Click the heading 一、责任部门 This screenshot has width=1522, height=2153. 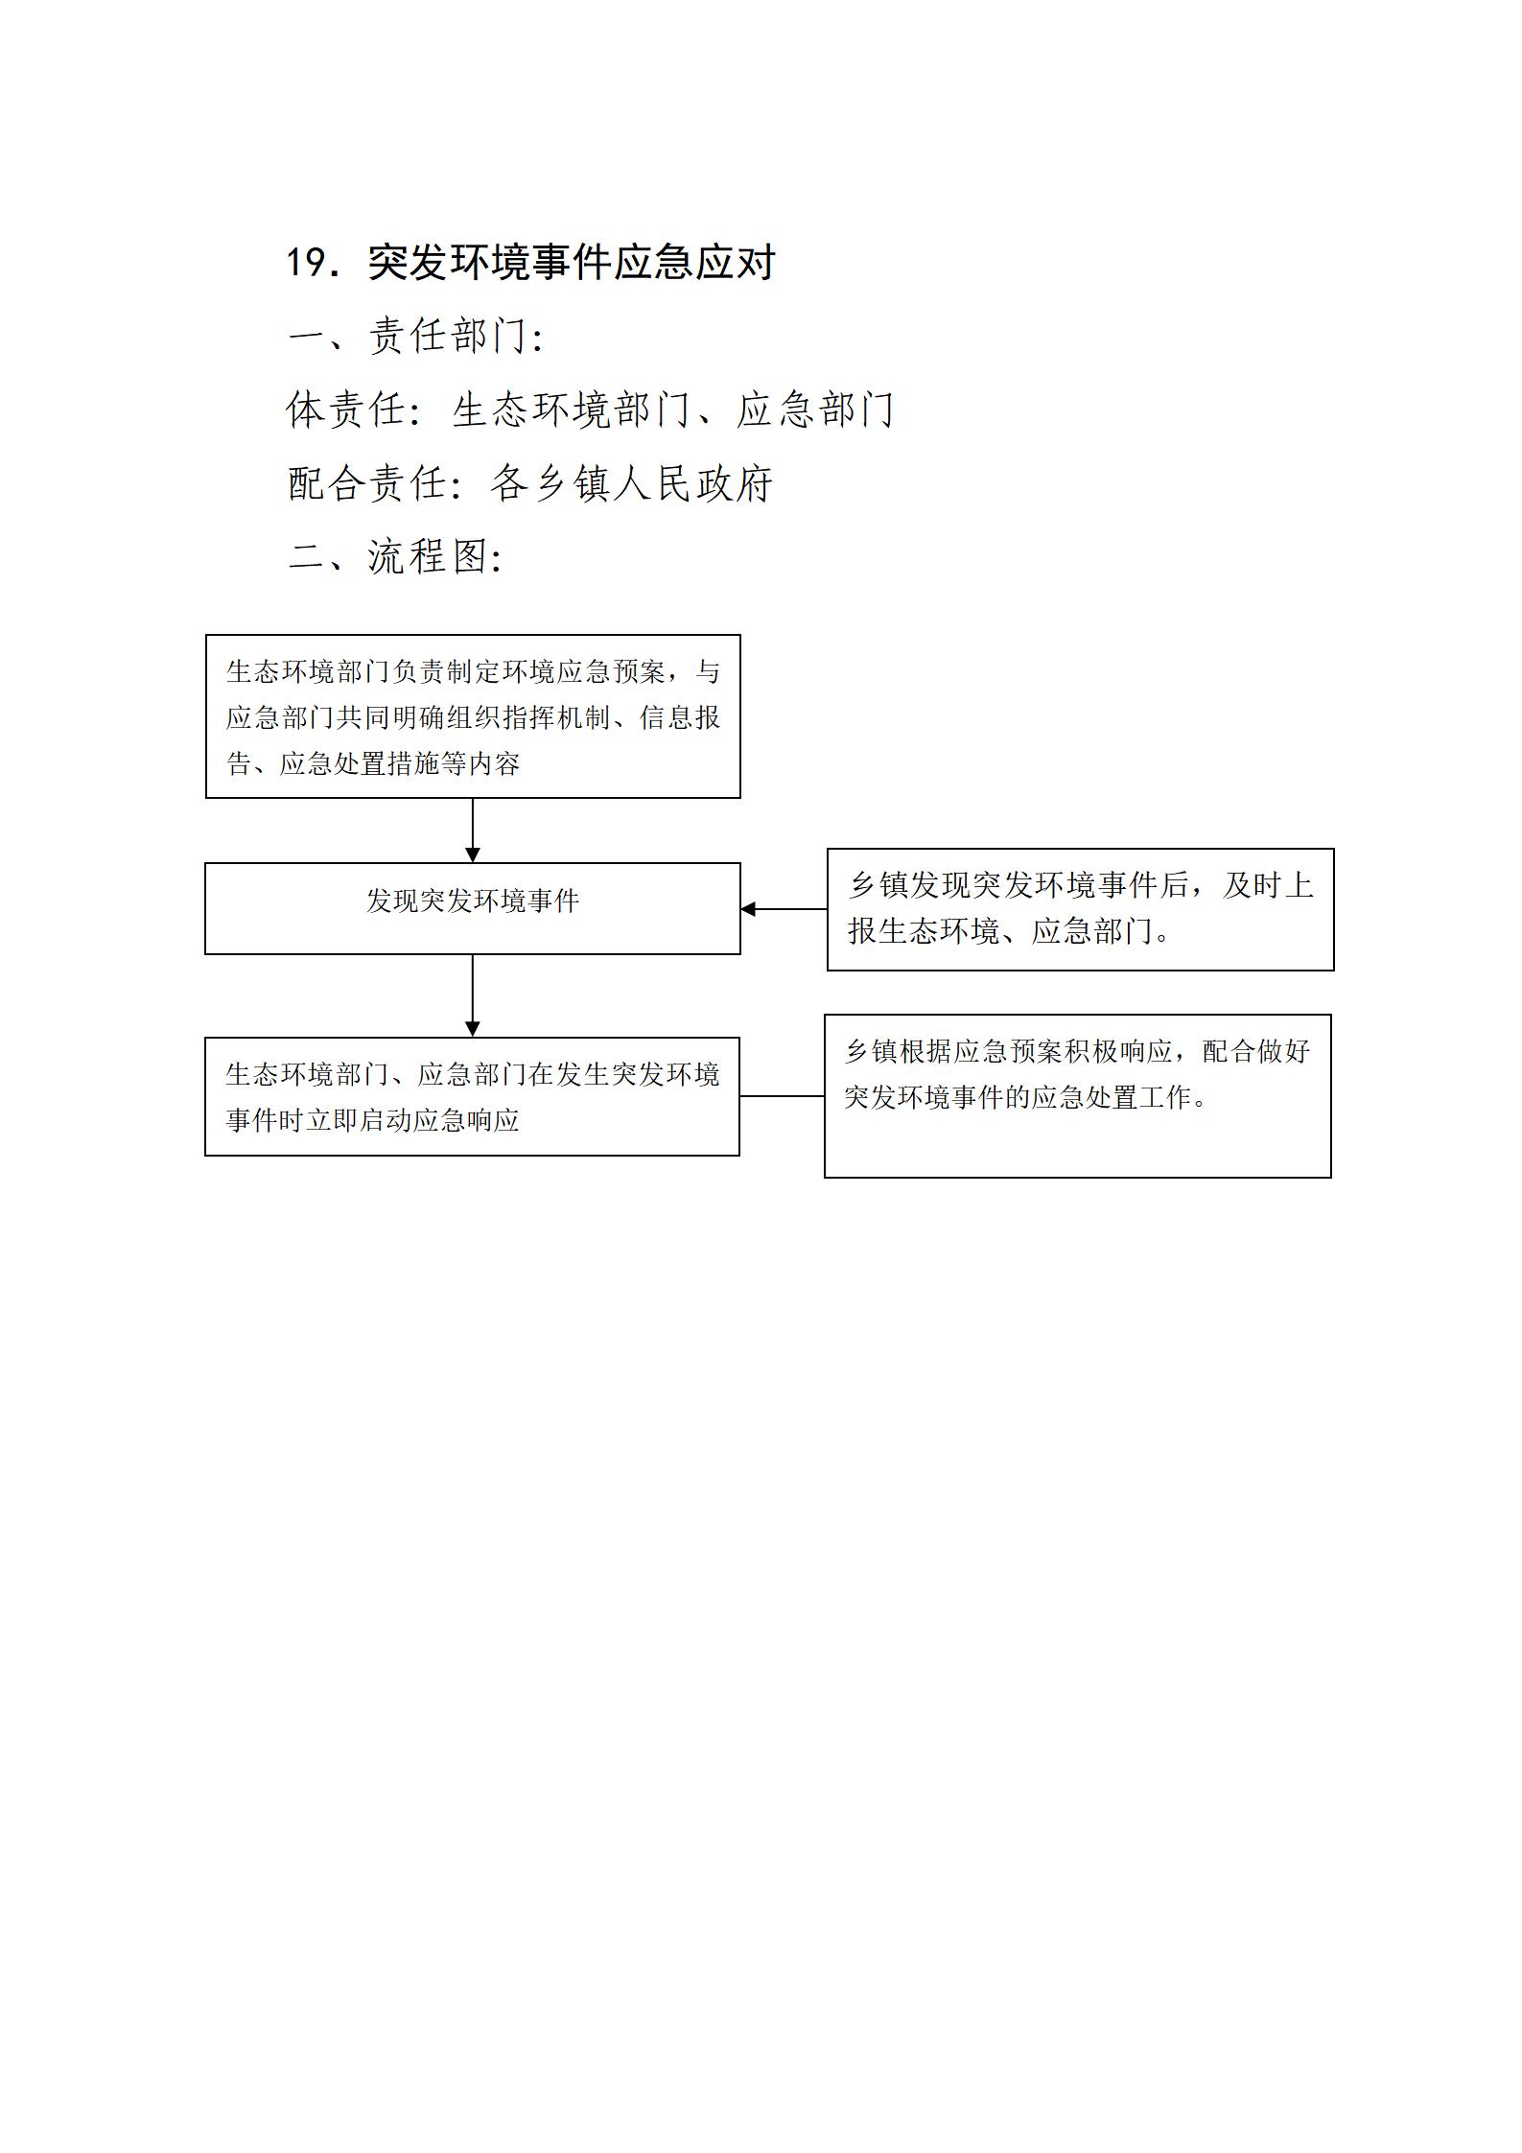[416, 336]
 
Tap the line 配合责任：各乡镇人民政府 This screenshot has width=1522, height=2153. [530, 483]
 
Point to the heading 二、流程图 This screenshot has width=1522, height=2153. [395, 556]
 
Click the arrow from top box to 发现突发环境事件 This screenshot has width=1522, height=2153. [473, 831]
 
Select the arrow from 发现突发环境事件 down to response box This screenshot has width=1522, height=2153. [473, 995]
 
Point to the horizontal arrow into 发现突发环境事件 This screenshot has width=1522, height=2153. [784, 909]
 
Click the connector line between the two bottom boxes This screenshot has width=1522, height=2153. [782, 1096]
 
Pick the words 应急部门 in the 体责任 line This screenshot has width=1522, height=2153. [816, 410]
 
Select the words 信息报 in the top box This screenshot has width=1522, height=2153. [680, 717]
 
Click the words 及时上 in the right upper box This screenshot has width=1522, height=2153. [1268, 885]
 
